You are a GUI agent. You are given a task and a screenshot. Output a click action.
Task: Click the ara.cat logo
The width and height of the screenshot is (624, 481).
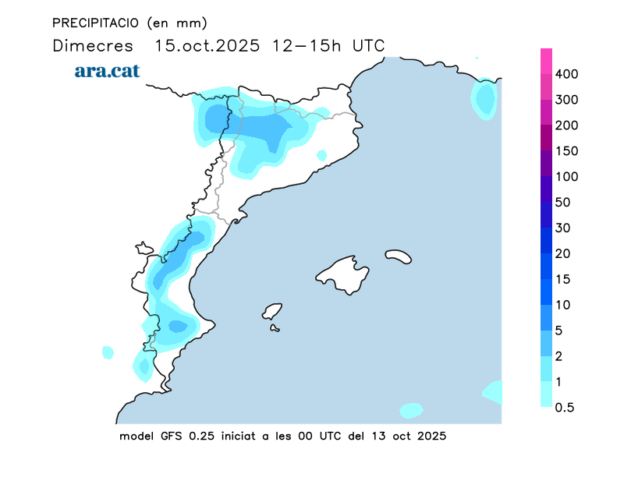(107, 71)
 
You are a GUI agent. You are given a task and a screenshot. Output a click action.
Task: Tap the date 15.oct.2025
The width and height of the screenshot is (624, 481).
(207, 45)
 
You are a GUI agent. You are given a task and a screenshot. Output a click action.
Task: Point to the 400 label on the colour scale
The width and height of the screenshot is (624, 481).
(566, 74)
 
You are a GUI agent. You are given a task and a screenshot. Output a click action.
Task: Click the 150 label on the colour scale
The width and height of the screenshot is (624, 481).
(566, 151)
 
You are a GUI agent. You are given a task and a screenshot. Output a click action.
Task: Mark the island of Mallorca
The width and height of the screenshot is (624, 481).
(342, 274)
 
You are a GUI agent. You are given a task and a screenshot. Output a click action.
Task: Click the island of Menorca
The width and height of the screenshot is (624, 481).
(399, 256)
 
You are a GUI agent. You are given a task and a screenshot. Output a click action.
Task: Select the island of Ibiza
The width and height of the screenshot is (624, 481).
(272, 312)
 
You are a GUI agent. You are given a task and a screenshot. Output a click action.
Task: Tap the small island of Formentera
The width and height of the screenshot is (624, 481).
(275, 328)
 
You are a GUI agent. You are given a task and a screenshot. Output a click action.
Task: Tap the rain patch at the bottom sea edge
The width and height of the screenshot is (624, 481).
(411, 410)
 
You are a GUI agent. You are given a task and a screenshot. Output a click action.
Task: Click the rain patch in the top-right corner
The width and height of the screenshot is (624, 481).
(485, 99)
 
